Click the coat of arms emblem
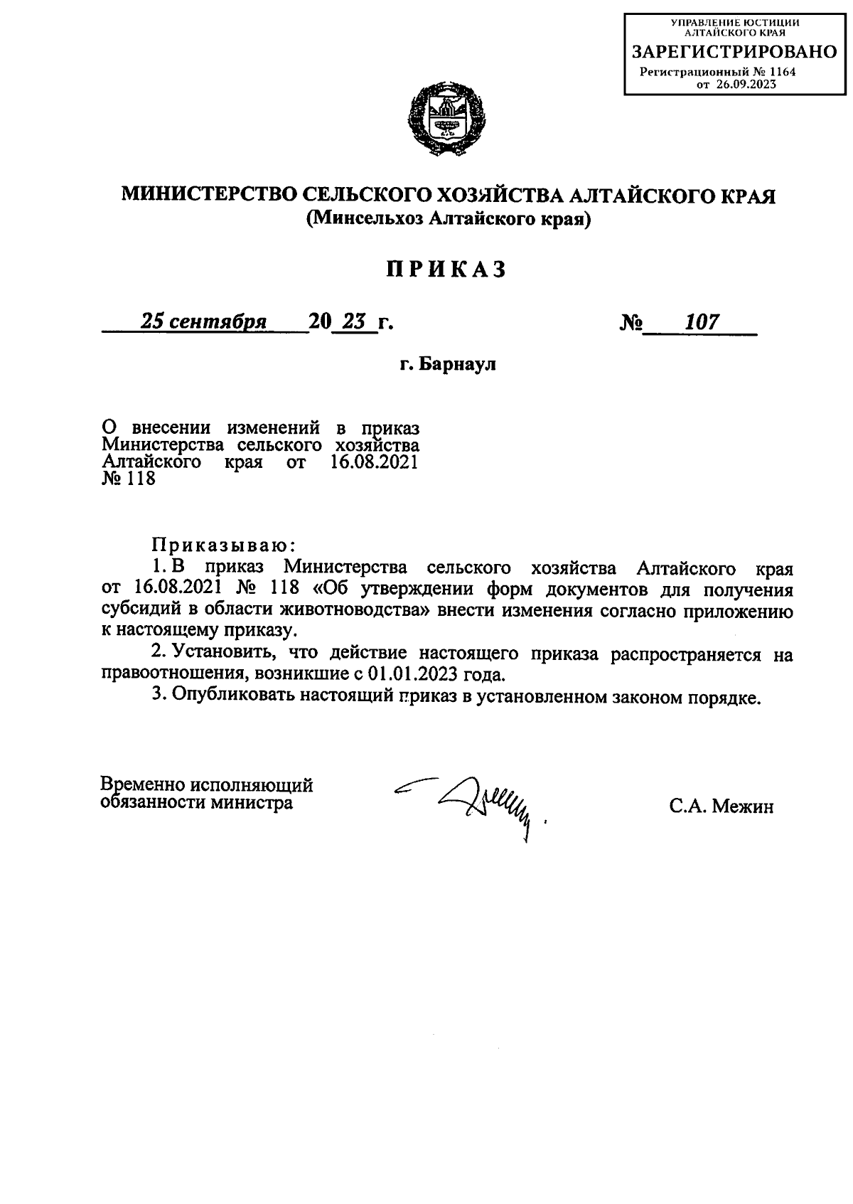[x=447, y=120]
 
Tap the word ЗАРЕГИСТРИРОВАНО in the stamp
[x=734, y=52]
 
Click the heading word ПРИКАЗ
[x=447, y=270]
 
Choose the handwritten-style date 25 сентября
[x=203, y=322]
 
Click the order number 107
[x=702, y=322]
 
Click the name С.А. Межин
[x=720, y=807]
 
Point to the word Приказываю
[x=222, y=545]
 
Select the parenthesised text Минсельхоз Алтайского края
[x=449, y=220]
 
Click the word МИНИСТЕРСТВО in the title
[x=207, y=194]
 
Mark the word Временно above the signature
[x=141, y=785]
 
